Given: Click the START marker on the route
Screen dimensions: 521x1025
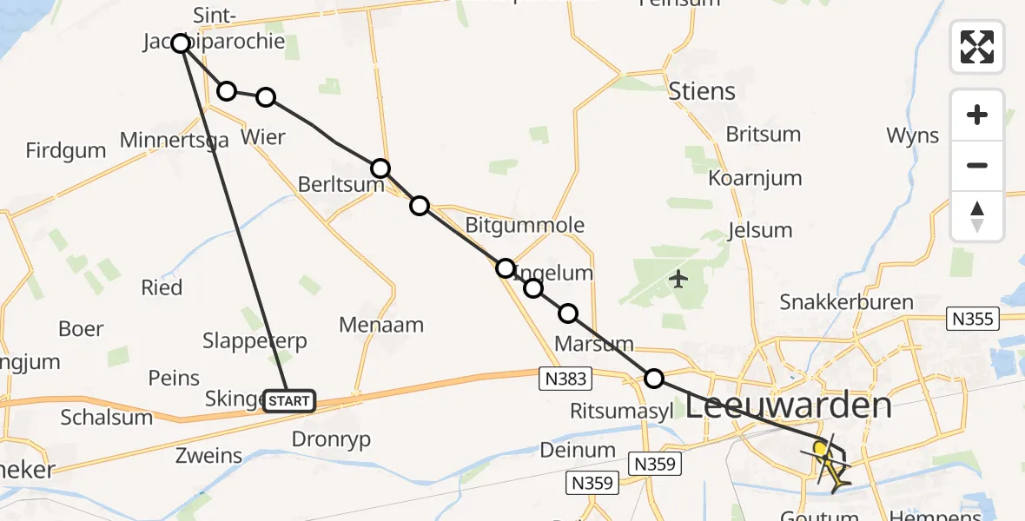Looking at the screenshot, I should [x=288, y=400].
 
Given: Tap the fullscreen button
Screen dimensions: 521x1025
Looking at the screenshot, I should [x=977, y=47].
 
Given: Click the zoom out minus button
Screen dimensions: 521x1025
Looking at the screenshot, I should [x=977, y=166].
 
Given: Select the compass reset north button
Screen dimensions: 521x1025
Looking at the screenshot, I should [x=977, y=216].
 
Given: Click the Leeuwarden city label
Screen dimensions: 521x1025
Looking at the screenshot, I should [x=790, y=406].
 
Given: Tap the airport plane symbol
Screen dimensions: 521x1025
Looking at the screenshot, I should [x=678, y=280].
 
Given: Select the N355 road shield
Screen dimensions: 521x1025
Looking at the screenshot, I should [x=971, y=319].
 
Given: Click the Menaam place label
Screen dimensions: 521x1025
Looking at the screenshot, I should [x=382, y=326].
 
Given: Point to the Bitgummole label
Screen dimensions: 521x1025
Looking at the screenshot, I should [x=525, y=226].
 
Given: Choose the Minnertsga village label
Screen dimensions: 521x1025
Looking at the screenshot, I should [x=174, y=140].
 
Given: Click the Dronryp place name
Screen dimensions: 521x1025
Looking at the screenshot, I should [x=331, y=439].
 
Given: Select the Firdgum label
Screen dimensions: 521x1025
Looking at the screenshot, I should [x=66, y=150].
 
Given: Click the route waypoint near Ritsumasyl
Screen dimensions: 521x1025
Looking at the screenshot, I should [x=654, y=378].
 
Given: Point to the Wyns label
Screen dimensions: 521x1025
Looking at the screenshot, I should [x=912, y=135].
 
